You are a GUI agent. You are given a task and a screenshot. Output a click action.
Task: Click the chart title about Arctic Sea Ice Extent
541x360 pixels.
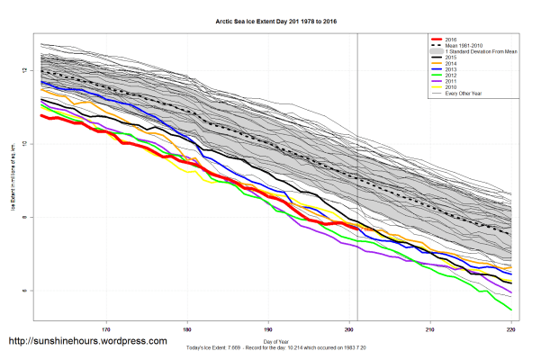(x=269, y=18)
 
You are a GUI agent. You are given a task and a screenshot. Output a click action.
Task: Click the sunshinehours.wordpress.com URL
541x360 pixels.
(x=87, y=342)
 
